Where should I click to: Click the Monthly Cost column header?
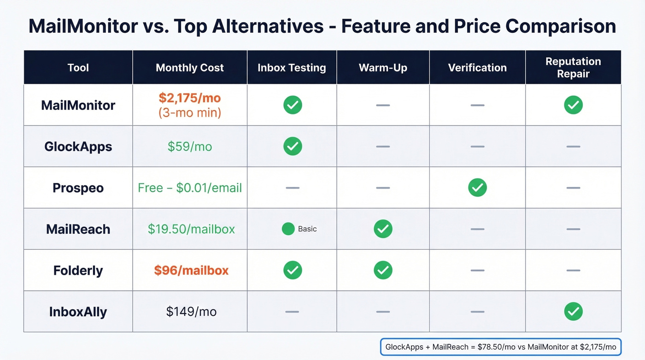click(189, 68)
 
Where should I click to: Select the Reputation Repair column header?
click(573, 67)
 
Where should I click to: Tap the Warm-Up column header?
click(383, 68)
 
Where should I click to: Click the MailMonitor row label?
click(78, 105)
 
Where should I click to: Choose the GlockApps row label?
click(78, 147)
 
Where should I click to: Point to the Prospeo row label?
click(78, 188)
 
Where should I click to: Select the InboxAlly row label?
click(78, 312)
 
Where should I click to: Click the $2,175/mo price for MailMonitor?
click(189, 98)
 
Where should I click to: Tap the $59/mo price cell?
click(189, 147)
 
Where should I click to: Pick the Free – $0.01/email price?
click(189, 188)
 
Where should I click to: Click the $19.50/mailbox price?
click(191, 229)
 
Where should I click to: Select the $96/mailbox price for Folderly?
click(191, 271)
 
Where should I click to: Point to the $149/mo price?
click(191, 312)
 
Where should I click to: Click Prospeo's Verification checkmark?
click(477, 188)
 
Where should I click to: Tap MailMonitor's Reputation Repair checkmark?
click(573, 105)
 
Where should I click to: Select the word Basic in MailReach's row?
click(307, 229)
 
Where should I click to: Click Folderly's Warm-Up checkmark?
click(383, 270)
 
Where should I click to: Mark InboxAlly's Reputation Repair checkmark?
click(573, 312)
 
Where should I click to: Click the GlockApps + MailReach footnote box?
click(500, 347)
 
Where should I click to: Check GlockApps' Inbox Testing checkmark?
click(293, 147)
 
